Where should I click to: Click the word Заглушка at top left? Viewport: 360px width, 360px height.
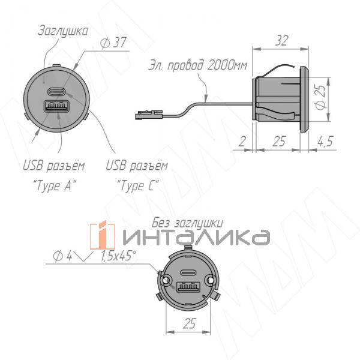pyautogui.click(x=62, y=30)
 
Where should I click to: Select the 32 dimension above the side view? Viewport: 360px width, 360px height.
pyautogui.click(x=280, y=41)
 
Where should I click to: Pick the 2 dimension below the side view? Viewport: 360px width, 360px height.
pyautogui.click(x=241, y=142)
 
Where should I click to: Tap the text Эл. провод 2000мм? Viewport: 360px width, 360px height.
pyautogui.click(x=197, y=65)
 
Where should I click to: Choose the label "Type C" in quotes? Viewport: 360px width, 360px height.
pyautogui.click(x=137, y=185)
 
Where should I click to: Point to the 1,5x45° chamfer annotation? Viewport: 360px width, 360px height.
pyautogui.click(x=118, y=257)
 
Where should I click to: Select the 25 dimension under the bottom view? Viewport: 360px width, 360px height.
pyautogui.click(x=188, y=325)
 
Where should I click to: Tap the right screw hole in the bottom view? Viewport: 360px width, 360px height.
pyautogui.click(x=210, y=280)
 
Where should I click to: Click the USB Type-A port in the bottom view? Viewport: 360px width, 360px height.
pyautogui.click(x=185, y=286)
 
